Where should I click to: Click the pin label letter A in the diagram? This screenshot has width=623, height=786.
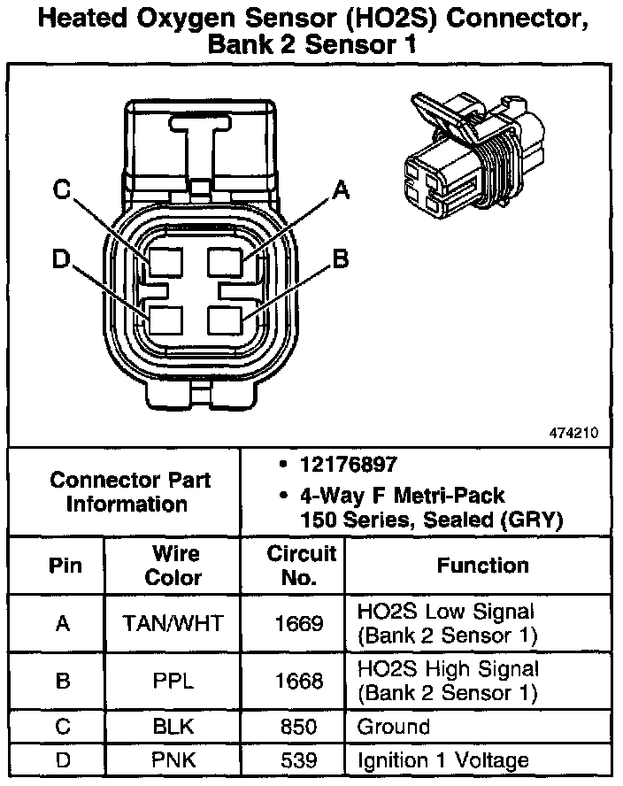tap(341, 188)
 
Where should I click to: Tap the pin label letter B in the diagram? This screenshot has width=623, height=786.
tap(341, 258)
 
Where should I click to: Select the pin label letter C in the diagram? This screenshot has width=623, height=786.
tap(61, 188)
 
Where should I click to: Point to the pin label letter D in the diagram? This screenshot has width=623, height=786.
tap(61, 258)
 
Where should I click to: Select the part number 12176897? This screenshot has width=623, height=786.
tap(335, 465)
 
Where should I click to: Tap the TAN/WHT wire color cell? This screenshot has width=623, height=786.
tap(172, 623)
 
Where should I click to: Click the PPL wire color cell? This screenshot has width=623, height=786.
tap(172, 681)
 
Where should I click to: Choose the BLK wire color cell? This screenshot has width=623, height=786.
tap(172, 727)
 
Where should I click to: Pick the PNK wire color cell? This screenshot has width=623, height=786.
tap(172, 759)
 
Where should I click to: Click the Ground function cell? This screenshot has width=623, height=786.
tap(393, 727)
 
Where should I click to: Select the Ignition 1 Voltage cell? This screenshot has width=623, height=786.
tap(442, 759)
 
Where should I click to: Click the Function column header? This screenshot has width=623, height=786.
tap(482, 565)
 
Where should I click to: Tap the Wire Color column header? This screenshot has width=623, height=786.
tap(172, 565)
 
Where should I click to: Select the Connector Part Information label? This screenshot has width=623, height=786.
tap(129, 492)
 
